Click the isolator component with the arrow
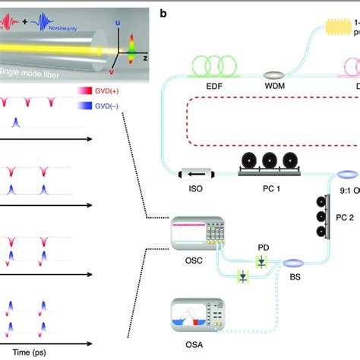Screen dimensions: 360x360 point(196,174)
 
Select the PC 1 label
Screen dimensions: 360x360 point(265,189)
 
